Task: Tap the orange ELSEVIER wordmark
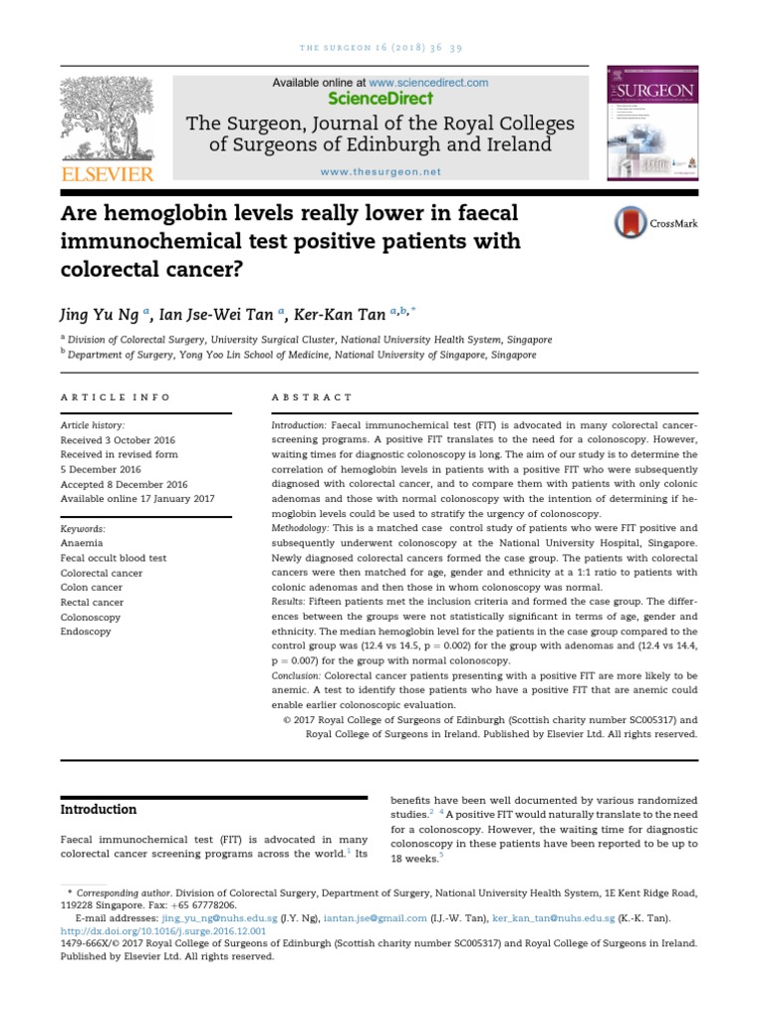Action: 108,174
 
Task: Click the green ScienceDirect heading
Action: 380,99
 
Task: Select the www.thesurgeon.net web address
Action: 380,171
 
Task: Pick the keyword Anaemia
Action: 83,544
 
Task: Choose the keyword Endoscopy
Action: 86,632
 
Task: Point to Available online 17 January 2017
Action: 137,498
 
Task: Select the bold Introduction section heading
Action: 99,809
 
